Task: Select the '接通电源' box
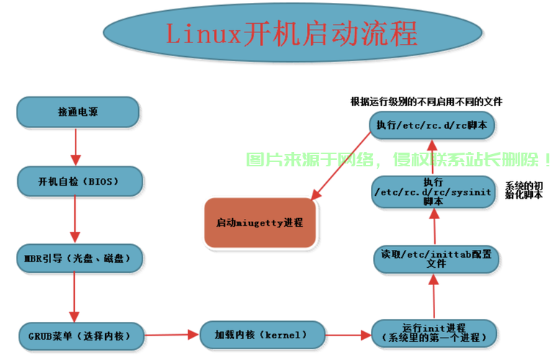pyautogui.click(x=78, y=113)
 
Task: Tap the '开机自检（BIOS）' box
pyautogui.click(x=78, y=180)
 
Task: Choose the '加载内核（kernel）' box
pyautogui.click(x=261, y=335)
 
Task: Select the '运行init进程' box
pyautogui.click(x=434, y=333)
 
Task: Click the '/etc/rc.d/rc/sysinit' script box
pyautogui.click(x=433, y=192)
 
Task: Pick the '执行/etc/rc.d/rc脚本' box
pyautogui.click(x=431, y=125)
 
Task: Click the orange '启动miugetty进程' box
pyautogui.click(x=260, y=222)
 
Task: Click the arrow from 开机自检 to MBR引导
pyautogui.click(x=75, y=219)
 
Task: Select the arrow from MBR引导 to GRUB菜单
pyautogui.click(x=75, y=294)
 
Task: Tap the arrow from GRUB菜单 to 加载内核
pyautogui.click(x=170, y=334)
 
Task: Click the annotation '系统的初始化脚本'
pyautogui.click(x=523, y=190)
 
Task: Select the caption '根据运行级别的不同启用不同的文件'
pyautogui.click(x=426, y=102)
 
